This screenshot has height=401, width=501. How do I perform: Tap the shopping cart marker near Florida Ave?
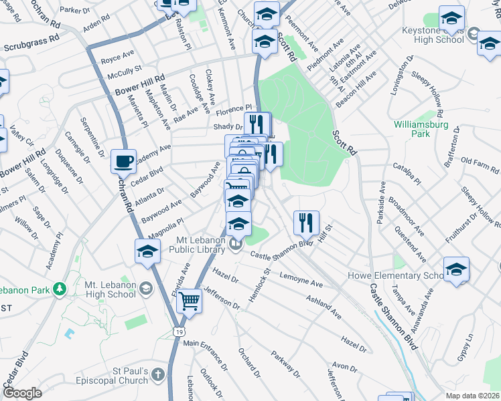coord(190,302)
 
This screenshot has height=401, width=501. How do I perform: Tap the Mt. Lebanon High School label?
coord(111,289)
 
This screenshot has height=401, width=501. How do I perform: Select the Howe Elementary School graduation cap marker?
coord(456,270)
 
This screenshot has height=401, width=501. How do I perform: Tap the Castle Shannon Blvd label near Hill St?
coord(282,249)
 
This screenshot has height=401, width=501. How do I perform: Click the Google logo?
coord(22,393)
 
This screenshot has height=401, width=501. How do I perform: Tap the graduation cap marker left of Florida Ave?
coord(147,252)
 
